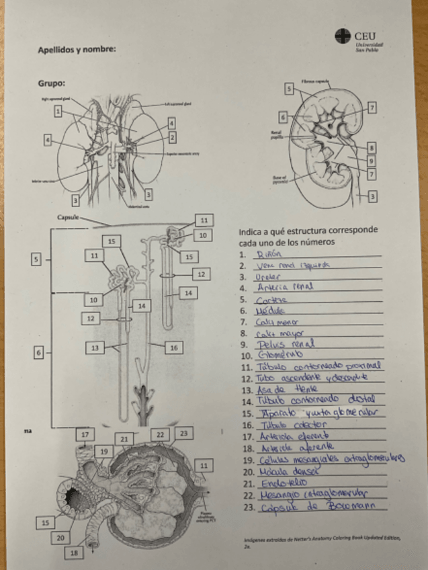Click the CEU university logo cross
[x=343, y=36]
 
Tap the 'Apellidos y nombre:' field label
[x=77, y=49]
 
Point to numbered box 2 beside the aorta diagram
[x=172, y=137]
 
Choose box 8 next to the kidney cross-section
[x=372, y=147]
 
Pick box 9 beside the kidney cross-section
[x=372, y=161]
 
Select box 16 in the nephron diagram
[x=173, y=347]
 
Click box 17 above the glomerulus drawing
[x=85, y=435]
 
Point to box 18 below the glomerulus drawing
[x=74, y=553]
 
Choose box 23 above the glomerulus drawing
[x=183, y=434]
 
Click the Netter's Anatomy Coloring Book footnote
[x=316, y=543]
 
